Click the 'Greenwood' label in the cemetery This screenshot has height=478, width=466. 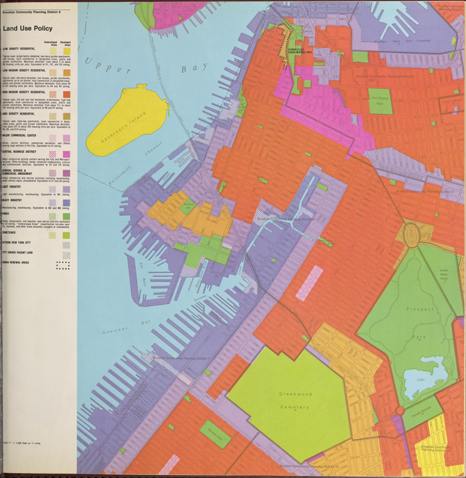click(x=295, y=394)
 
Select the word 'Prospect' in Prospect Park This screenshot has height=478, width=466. click(x=419, y=309)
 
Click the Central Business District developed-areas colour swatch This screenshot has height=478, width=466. click(x=66, y=154)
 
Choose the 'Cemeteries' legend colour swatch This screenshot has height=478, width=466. click(x=66, y=235)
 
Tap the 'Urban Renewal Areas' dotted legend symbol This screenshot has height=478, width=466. click(x=63, y=265)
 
